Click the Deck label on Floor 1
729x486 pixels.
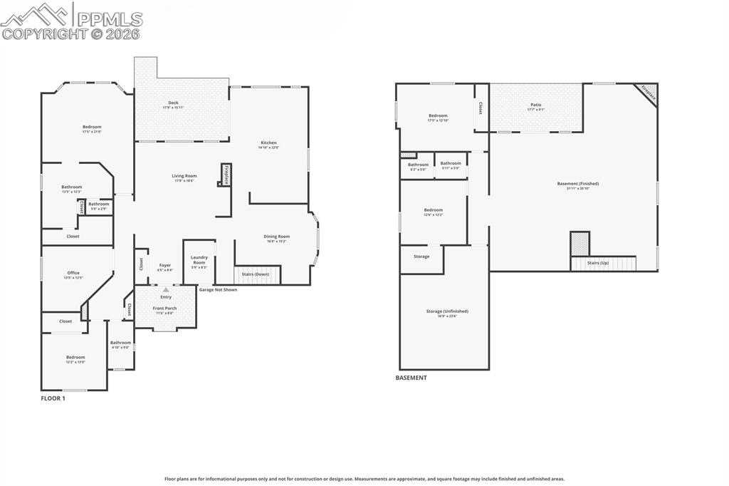173,103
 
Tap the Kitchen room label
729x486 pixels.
268,143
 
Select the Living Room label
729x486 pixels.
184,176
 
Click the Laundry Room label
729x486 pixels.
199,259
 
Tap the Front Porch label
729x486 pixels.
165,309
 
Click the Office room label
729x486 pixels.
73,273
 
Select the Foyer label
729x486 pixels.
164,266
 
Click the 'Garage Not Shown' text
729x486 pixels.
218,290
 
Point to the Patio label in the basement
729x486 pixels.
535,105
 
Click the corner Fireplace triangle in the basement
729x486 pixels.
649,93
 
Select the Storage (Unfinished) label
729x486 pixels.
447,311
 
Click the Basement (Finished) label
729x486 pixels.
577,184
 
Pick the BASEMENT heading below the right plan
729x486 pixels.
411,378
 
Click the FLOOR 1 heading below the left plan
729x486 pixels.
53,398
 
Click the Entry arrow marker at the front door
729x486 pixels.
166,290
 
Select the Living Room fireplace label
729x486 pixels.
226,175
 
